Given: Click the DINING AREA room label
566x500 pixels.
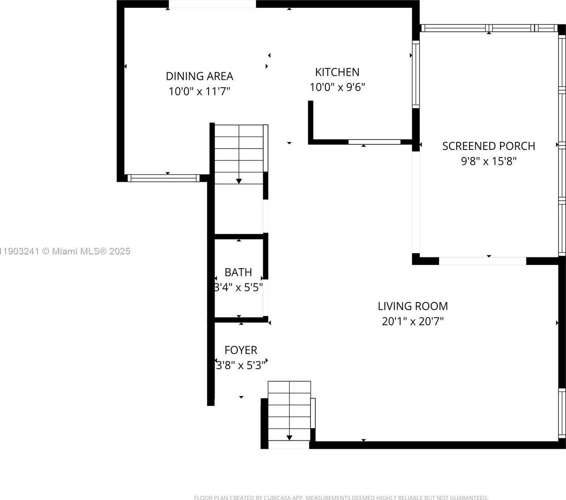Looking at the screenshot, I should pyautogui.click(x=199, y=76).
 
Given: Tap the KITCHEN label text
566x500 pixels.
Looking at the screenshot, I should pyautogui.click(x=337, y=72).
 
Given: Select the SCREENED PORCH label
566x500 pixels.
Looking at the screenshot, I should pyautogui.click(x=488, y=146).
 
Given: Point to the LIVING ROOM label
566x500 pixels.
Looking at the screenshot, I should pyautogui.click(x=413, y=306).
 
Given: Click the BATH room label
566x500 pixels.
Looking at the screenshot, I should pyautogui.click(x=238, y=272).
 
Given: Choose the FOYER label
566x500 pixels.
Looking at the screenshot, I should pyautogui.click(x=241, y=350).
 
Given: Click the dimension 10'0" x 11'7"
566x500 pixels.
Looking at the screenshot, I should pyautogui.click(x=199, y=91).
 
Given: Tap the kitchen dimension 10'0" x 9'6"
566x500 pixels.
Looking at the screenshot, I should pyautogui.click(x=337, y=87).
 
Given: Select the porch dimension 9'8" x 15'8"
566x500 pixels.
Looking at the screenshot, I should pyautogui.click(x=488, y=161).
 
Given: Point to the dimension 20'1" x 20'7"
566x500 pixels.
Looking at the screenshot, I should pyautogui.click(x=413, y=321).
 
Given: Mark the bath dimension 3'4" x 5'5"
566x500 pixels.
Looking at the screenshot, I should pyautogui.click(x=238, y=287).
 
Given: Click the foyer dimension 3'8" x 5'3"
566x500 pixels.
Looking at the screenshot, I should pyautogui.click(x=241, y=365).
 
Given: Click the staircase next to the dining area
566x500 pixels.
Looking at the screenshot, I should pyautogui.click(x=239, y=154).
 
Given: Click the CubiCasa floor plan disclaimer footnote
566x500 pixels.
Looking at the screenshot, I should pyautogui.click(x=341, y=497).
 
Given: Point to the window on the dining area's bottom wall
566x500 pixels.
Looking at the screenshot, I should pyautogui.click(x=163, y=178).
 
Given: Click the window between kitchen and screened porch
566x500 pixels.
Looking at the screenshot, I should pyautogui.click(x=416, y=74).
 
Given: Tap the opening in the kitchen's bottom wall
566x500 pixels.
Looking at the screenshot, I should pyautogui.click(x=374, y=142).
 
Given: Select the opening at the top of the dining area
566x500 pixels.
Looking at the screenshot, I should pyautogui.click(x=212, y=4).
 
